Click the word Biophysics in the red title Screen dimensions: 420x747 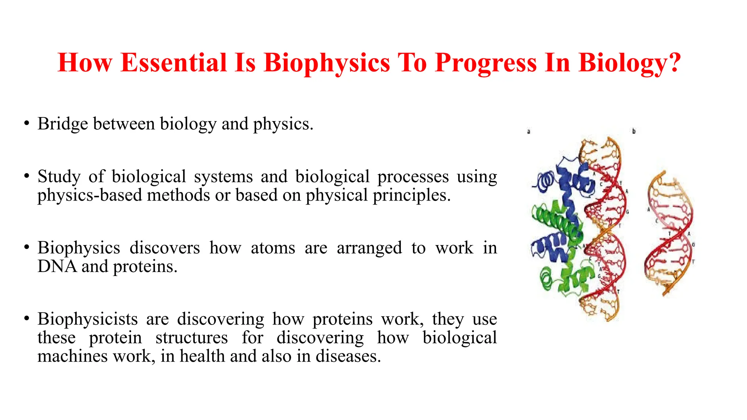tap(327, 63)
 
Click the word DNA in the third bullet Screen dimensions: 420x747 tap(57, 267)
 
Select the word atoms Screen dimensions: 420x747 tap(273, 248)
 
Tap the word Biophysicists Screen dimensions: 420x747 tap(88, 319)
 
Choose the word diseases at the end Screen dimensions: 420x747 tap(348, 356)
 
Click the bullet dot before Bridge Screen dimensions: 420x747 tap(27, 124)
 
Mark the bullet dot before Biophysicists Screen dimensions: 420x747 tap(27, 319)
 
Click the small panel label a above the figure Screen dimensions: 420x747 tap(529, 131)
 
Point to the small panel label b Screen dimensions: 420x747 tap(634, 131)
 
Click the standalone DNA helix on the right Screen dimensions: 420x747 tap(669, 233)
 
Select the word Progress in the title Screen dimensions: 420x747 tap(486, 63)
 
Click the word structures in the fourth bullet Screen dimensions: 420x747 tap(191, 338)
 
